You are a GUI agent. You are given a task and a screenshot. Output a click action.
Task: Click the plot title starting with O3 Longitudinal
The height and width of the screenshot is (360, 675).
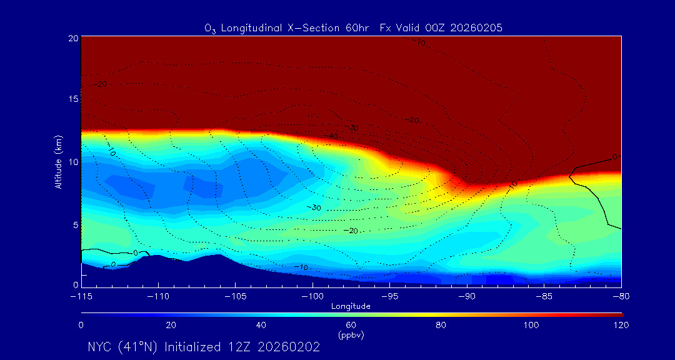click(354, 28)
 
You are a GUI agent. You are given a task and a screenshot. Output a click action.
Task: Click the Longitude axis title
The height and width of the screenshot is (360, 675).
click(351, 306)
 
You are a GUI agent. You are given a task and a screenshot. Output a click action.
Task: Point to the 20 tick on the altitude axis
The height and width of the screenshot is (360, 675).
click(73, 38)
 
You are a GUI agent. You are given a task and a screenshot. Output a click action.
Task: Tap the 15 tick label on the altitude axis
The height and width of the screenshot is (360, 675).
click(73, 99)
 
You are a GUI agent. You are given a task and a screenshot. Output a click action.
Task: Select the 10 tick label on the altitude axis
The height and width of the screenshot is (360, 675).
click(73, 162)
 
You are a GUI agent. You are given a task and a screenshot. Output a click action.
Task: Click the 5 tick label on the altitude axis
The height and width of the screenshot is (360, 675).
click(75, 224)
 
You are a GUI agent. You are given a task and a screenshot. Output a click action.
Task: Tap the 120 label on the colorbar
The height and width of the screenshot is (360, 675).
click(621, 325)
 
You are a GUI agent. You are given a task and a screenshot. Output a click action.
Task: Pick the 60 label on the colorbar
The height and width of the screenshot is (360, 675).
click(351, 325)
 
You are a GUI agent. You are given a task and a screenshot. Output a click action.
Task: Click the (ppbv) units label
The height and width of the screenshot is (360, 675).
click(351, 335)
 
